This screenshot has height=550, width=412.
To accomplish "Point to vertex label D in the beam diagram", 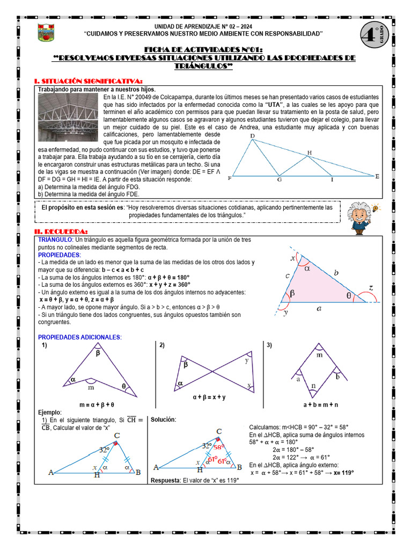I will point(253,136).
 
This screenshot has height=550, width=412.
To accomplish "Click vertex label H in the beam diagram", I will point(309,153).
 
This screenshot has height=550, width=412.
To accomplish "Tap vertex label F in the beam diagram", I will point(230,178).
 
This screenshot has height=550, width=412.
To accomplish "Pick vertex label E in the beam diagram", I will point(377,176).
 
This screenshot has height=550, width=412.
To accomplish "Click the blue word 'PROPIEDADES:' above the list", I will point(59,255).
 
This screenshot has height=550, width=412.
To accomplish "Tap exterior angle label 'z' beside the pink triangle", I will point(371,287).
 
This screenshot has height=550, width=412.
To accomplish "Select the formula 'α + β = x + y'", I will point(209,397).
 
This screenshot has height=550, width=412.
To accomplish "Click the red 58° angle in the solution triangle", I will point(218,447).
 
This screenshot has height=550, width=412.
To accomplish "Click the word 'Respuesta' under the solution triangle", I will point(165,480).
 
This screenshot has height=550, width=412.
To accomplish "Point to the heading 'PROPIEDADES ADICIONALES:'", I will point(80,337).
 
